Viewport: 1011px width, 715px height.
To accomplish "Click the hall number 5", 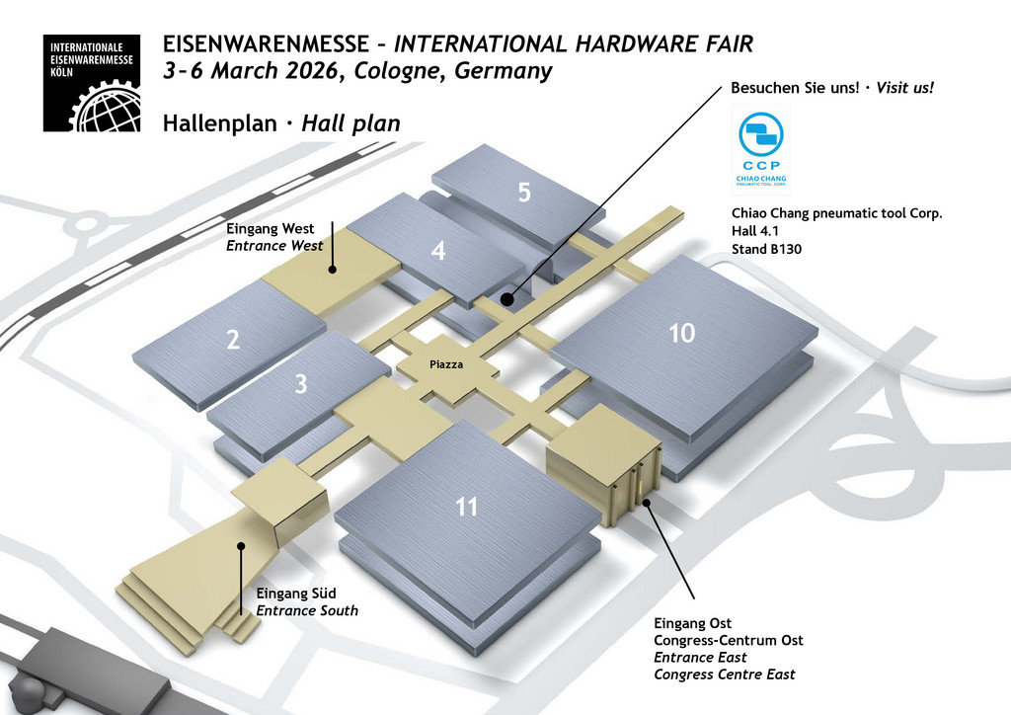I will (524, 193).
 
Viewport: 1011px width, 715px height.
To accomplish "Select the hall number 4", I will (438, 252).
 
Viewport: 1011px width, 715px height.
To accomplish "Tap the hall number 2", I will (233, 341).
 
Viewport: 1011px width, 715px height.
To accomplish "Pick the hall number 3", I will (301, 385).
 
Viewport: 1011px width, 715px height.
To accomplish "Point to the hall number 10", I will (681, 333).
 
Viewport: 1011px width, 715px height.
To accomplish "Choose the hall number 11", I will (467, 508).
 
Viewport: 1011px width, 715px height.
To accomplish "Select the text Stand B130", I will (766, 250).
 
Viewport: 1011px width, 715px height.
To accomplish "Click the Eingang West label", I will (271, 229).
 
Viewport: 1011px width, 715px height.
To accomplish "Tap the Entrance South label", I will (307, 610).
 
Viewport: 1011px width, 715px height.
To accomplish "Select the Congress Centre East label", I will (724, 675).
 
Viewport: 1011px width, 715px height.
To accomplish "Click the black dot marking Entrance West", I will (333, 268).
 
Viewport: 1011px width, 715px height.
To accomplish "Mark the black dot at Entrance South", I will (240, 546).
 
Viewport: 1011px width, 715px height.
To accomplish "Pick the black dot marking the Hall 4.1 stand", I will (506, 298).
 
